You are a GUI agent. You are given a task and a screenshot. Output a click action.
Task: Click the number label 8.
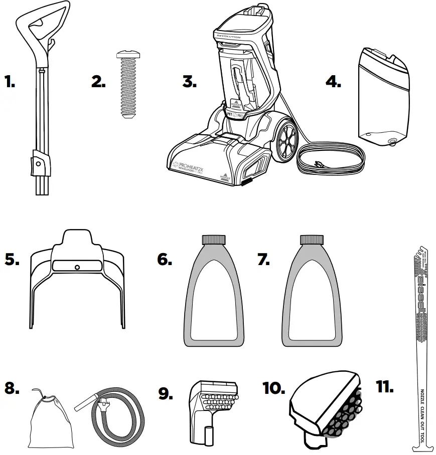point(12,389)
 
